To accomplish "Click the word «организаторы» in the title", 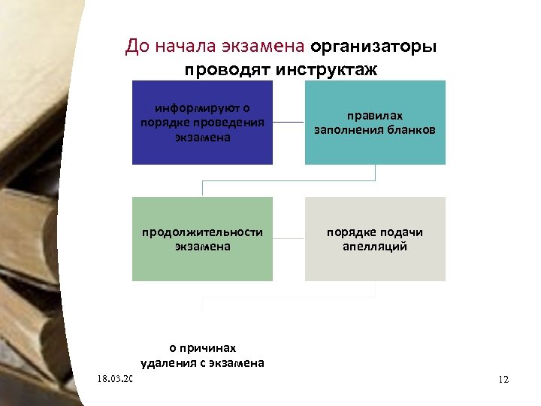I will (x=373, y=47).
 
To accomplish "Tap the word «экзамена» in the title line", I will (x=264, y=47).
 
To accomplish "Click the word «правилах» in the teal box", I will (x=374, y=116).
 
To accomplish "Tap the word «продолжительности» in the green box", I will (x=203, y=232).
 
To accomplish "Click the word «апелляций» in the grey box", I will (x=374, y=246).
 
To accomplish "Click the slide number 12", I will (x=503, y=380).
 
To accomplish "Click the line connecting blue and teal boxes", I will (x=289, y=122).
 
